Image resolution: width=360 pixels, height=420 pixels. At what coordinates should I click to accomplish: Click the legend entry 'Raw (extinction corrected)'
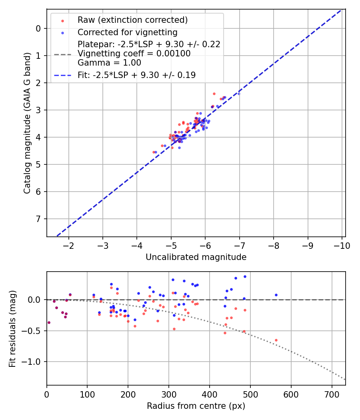132,20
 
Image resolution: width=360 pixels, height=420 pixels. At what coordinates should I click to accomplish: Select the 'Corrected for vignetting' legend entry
127,32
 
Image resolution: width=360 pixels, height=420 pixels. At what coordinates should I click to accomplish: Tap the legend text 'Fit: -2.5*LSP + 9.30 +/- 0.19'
136,75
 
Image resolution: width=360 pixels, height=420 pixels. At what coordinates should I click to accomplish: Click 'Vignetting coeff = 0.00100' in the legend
134,54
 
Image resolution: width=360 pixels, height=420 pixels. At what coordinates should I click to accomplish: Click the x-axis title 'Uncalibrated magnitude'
196,257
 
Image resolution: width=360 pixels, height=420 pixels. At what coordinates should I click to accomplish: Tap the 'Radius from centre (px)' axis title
196,406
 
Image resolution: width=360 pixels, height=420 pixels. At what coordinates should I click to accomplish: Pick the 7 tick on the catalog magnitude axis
38,219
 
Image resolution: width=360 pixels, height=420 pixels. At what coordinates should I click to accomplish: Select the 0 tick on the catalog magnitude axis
38,28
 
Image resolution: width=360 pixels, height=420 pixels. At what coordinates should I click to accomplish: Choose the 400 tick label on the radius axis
210,394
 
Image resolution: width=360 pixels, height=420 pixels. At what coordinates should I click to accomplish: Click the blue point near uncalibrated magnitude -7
239,93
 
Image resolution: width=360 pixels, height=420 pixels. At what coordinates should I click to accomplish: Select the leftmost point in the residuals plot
49,322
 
